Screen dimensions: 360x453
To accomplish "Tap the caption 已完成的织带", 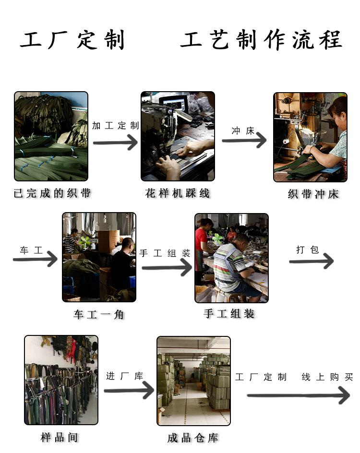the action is click(52, 193).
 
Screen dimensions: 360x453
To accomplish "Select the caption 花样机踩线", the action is click(178, 193).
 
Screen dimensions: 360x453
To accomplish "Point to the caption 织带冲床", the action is click(313, 194).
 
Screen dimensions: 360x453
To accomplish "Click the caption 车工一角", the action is click(99, 314).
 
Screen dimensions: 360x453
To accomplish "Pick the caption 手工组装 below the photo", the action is click(229, 313).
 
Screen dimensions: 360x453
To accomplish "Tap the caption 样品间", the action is click(60, 437).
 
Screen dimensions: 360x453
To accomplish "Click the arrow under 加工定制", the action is click(115, 143).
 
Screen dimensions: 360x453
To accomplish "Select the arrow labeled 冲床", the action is click(244, 140).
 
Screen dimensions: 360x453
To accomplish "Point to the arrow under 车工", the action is click(35, 259).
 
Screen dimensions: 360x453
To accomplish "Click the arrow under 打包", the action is click(312, 261).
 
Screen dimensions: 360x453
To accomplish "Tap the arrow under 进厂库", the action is click(129, 390).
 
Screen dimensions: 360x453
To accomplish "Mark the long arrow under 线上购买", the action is click(299, 395).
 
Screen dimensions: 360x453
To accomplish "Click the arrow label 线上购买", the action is click(327, 377).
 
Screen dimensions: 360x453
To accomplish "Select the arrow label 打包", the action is click(308, 250).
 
